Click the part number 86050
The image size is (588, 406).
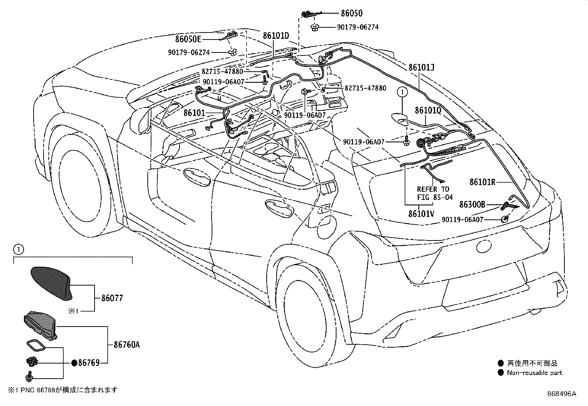tap(352, 13)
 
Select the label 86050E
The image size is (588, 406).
tap(188, 39)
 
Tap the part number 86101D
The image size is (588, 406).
tap(276, 35)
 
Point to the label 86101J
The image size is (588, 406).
tap(421, 68)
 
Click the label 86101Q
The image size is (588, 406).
tap(428, 110)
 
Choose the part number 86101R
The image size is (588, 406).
tap(482, 182)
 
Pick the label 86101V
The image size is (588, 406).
tap(421, 214)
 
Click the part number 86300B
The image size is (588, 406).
tap(472, 204)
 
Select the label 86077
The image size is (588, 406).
tap(112, 298)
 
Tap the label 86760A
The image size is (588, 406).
tap(127, 344)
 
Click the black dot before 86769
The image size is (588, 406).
tap(74, 363)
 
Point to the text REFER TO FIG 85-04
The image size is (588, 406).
tap(435, 193)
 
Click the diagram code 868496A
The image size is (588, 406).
tap(561, 394)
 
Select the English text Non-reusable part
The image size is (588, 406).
tap(534, 373)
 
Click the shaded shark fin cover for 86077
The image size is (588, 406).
tap(51, 283)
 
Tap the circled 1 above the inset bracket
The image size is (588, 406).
tap(18, 249)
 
